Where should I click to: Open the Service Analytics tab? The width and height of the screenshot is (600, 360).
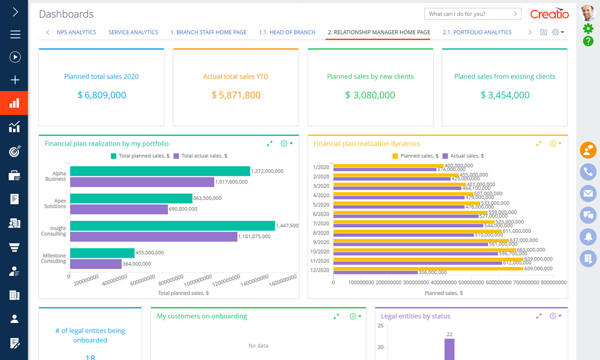tap(133, 32)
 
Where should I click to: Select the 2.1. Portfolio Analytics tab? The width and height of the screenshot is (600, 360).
tap(476, 32)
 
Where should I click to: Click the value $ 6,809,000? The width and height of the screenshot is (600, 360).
tap(102, 95)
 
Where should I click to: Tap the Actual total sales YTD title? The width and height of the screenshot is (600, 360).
tap(235, 76)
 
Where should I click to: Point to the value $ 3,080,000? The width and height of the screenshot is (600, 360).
tap(370, 95)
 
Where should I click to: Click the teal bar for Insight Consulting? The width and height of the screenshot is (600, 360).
tap(172, 226)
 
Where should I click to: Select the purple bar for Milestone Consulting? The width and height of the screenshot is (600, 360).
tap(96, 264)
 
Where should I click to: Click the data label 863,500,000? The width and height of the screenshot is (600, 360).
tap(207, 198)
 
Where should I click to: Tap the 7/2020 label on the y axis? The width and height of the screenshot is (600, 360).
tap(321, 223)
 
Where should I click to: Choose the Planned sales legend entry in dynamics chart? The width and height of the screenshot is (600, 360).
tap(415, 156)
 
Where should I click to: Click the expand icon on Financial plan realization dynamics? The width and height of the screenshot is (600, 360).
tap(539, 144)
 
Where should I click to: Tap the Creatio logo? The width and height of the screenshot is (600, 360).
tap(549, 14)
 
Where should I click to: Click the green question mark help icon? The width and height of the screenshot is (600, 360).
tap(588, 41)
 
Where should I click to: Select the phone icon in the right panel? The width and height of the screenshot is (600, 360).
tap(588, 172)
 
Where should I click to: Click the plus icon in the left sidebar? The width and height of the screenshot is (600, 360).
tap(15, 80)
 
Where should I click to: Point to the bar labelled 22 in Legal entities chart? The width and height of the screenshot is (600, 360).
tap(449, 349)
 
